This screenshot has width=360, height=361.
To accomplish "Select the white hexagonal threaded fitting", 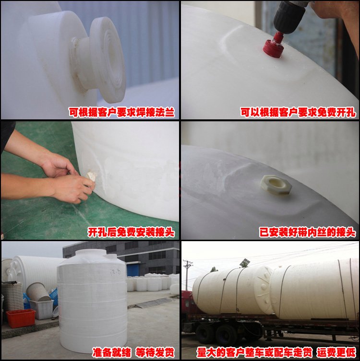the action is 276,185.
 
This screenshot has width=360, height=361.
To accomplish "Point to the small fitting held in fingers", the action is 92,176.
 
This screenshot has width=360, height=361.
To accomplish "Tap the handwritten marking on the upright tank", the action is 115,272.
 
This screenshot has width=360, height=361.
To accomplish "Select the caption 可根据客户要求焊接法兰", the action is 122,112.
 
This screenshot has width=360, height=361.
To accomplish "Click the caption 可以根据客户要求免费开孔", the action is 298,112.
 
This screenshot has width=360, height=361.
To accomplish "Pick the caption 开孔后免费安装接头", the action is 131,232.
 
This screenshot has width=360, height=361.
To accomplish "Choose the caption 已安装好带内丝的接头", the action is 308,232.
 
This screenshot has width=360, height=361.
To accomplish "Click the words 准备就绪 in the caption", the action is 111,352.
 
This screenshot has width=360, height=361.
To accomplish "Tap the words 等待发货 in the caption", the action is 155,352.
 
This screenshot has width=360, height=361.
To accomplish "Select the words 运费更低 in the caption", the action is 336,352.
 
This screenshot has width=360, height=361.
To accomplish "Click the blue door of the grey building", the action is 133,270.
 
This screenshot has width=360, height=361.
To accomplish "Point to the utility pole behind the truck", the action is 188,274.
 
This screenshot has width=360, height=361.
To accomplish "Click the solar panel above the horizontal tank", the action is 244,263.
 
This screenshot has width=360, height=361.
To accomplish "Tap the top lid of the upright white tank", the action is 92,253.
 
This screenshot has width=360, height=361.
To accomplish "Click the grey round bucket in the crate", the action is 38,292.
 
